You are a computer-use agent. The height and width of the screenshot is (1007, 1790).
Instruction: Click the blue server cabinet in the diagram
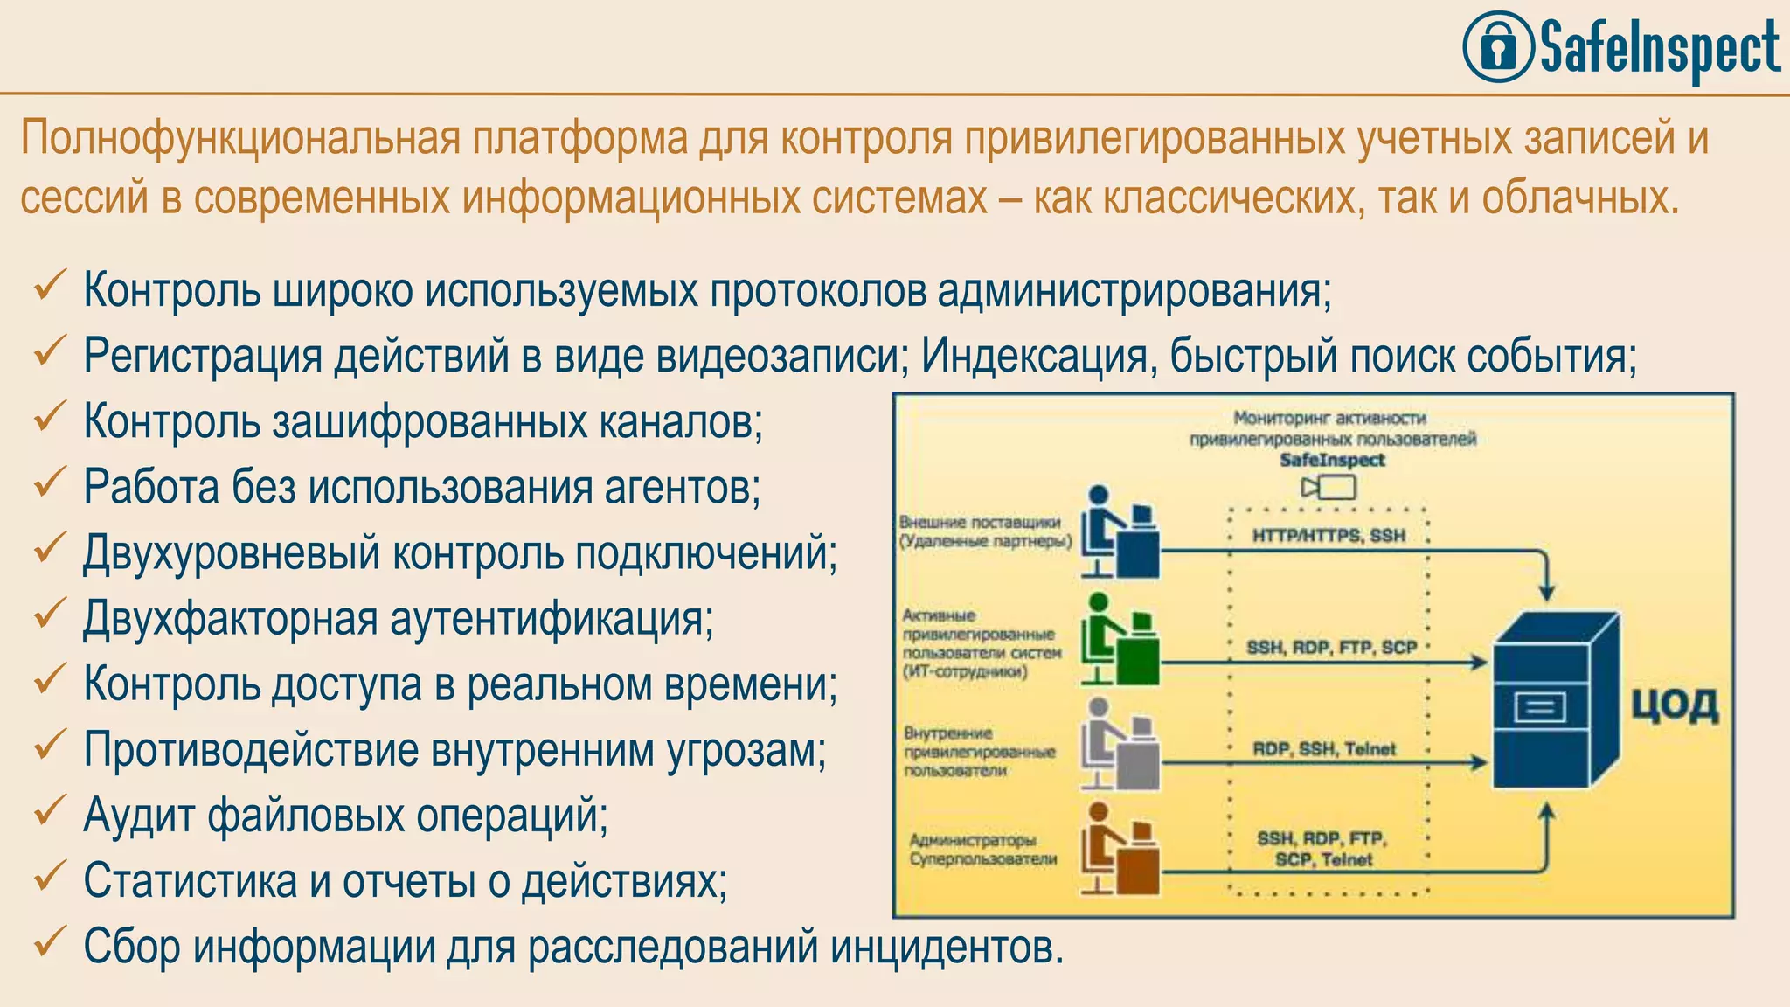click(1555, 700)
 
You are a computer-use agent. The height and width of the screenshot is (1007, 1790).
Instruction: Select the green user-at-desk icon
click(1120, 640)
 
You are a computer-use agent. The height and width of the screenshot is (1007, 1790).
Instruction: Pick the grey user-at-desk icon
click(1120, 745)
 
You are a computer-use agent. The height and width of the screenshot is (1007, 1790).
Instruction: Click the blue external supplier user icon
click(1120, 532)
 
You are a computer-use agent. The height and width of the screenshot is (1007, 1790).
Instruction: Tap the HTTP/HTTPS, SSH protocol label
click(1329, 536)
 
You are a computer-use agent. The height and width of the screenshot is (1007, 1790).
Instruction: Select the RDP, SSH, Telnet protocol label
click(1324, 749)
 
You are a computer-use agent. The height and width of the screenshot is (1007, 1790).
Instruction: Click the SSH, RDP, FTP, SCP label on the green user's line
click(1331, 648)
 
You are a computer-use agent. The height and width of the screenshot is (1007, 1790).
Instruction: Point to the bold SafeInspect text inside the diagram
click(1332, 460)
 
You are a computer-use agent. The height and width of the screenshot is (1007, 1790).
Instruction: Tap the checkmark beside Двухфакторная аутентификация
click(50, 614)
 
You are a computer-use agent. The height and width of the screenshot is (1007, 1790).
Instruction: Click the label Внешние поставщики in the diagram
click(980, 523)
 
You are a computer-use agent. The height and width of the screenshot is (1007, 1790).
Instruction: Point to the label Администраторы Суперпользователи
click(982, 850)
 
